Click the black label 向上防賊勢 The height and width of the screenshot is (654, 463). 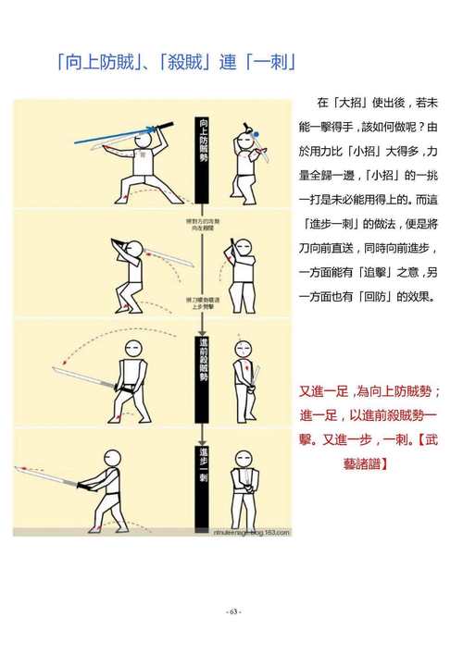click(204, 140)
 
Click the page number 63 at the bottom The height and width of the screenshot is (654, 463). click(232, 611)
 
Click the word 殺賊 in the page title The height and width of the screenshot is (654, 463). click(189, 64)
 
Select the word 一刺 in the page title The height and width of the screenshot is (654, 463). click(272, 64)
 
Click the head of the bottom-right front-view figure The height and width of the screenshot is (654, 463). click(244, 460)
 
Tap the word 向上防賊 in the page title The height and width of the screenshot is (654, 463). click(100, 64)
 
